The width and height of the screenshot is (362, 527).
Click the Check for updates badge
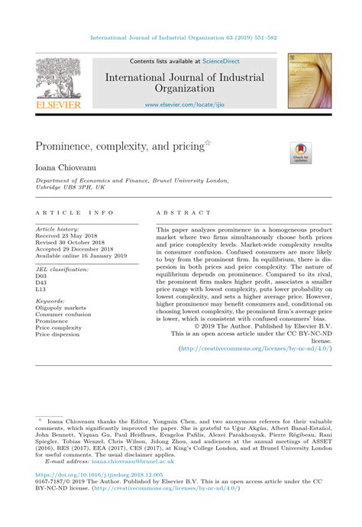pyautogui.click(x=300, y=152)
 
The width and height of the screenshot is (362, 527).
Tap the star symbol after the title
pyautogui.click(x=207, y=141)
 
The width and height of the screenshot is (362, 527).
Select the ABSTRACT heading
pyautogui.click(x=183, y=214)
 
